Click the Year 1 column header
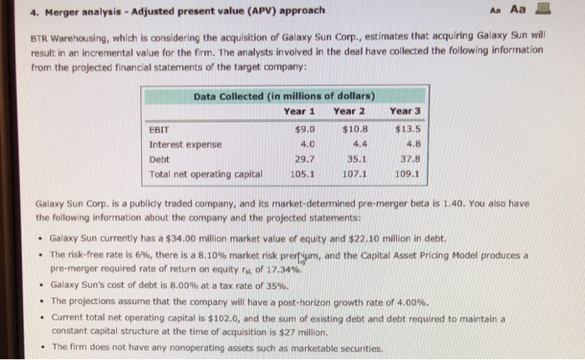tap(299, 110)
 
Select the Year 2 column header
tap(350, 110)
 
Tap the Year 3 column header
tap(405, 110)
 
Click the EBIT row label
tap(159, 129)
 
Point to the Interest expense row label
tap(185, 145)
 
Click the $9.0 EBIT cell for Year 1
tap(305, 129)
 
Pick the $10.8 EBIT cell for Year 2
tap(356, 129)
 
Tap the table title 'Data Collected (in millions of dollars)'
tap(284, 96)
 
